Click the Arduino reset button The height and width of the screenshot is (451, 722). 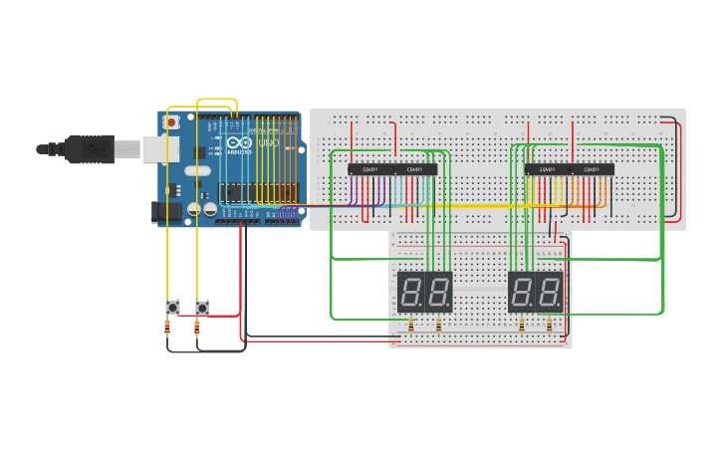coord(171,122)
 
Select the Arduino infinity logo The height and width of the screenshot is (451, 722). coord(239,143)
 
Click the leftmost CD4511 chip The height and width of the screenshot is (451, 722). coord(369,169)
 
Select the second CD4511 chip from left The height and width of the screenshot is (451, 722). coord(414,169)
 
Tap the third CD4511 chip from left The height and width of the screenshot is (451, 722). coord(547,169)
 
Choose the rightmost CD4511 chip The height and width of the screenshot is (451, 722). coord(592,169)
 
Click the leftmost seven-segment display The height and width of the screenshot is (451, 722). coord(411,292)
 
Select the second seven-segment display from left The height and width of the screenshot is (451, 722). coord(439,292)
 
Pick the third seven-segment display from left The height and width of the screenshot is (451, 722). coord(522,292)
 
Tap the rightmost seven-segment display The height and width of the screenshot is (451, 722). coord(550,292)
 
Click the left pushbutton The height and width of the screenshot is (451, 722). coord(171,307)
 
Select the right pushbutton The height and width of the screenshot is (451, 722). coord(202,307)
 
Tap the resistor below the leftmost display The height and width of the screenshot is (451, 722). coord(411,326)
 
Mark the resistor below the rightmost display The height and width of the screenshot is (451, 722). coord(550,326)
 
